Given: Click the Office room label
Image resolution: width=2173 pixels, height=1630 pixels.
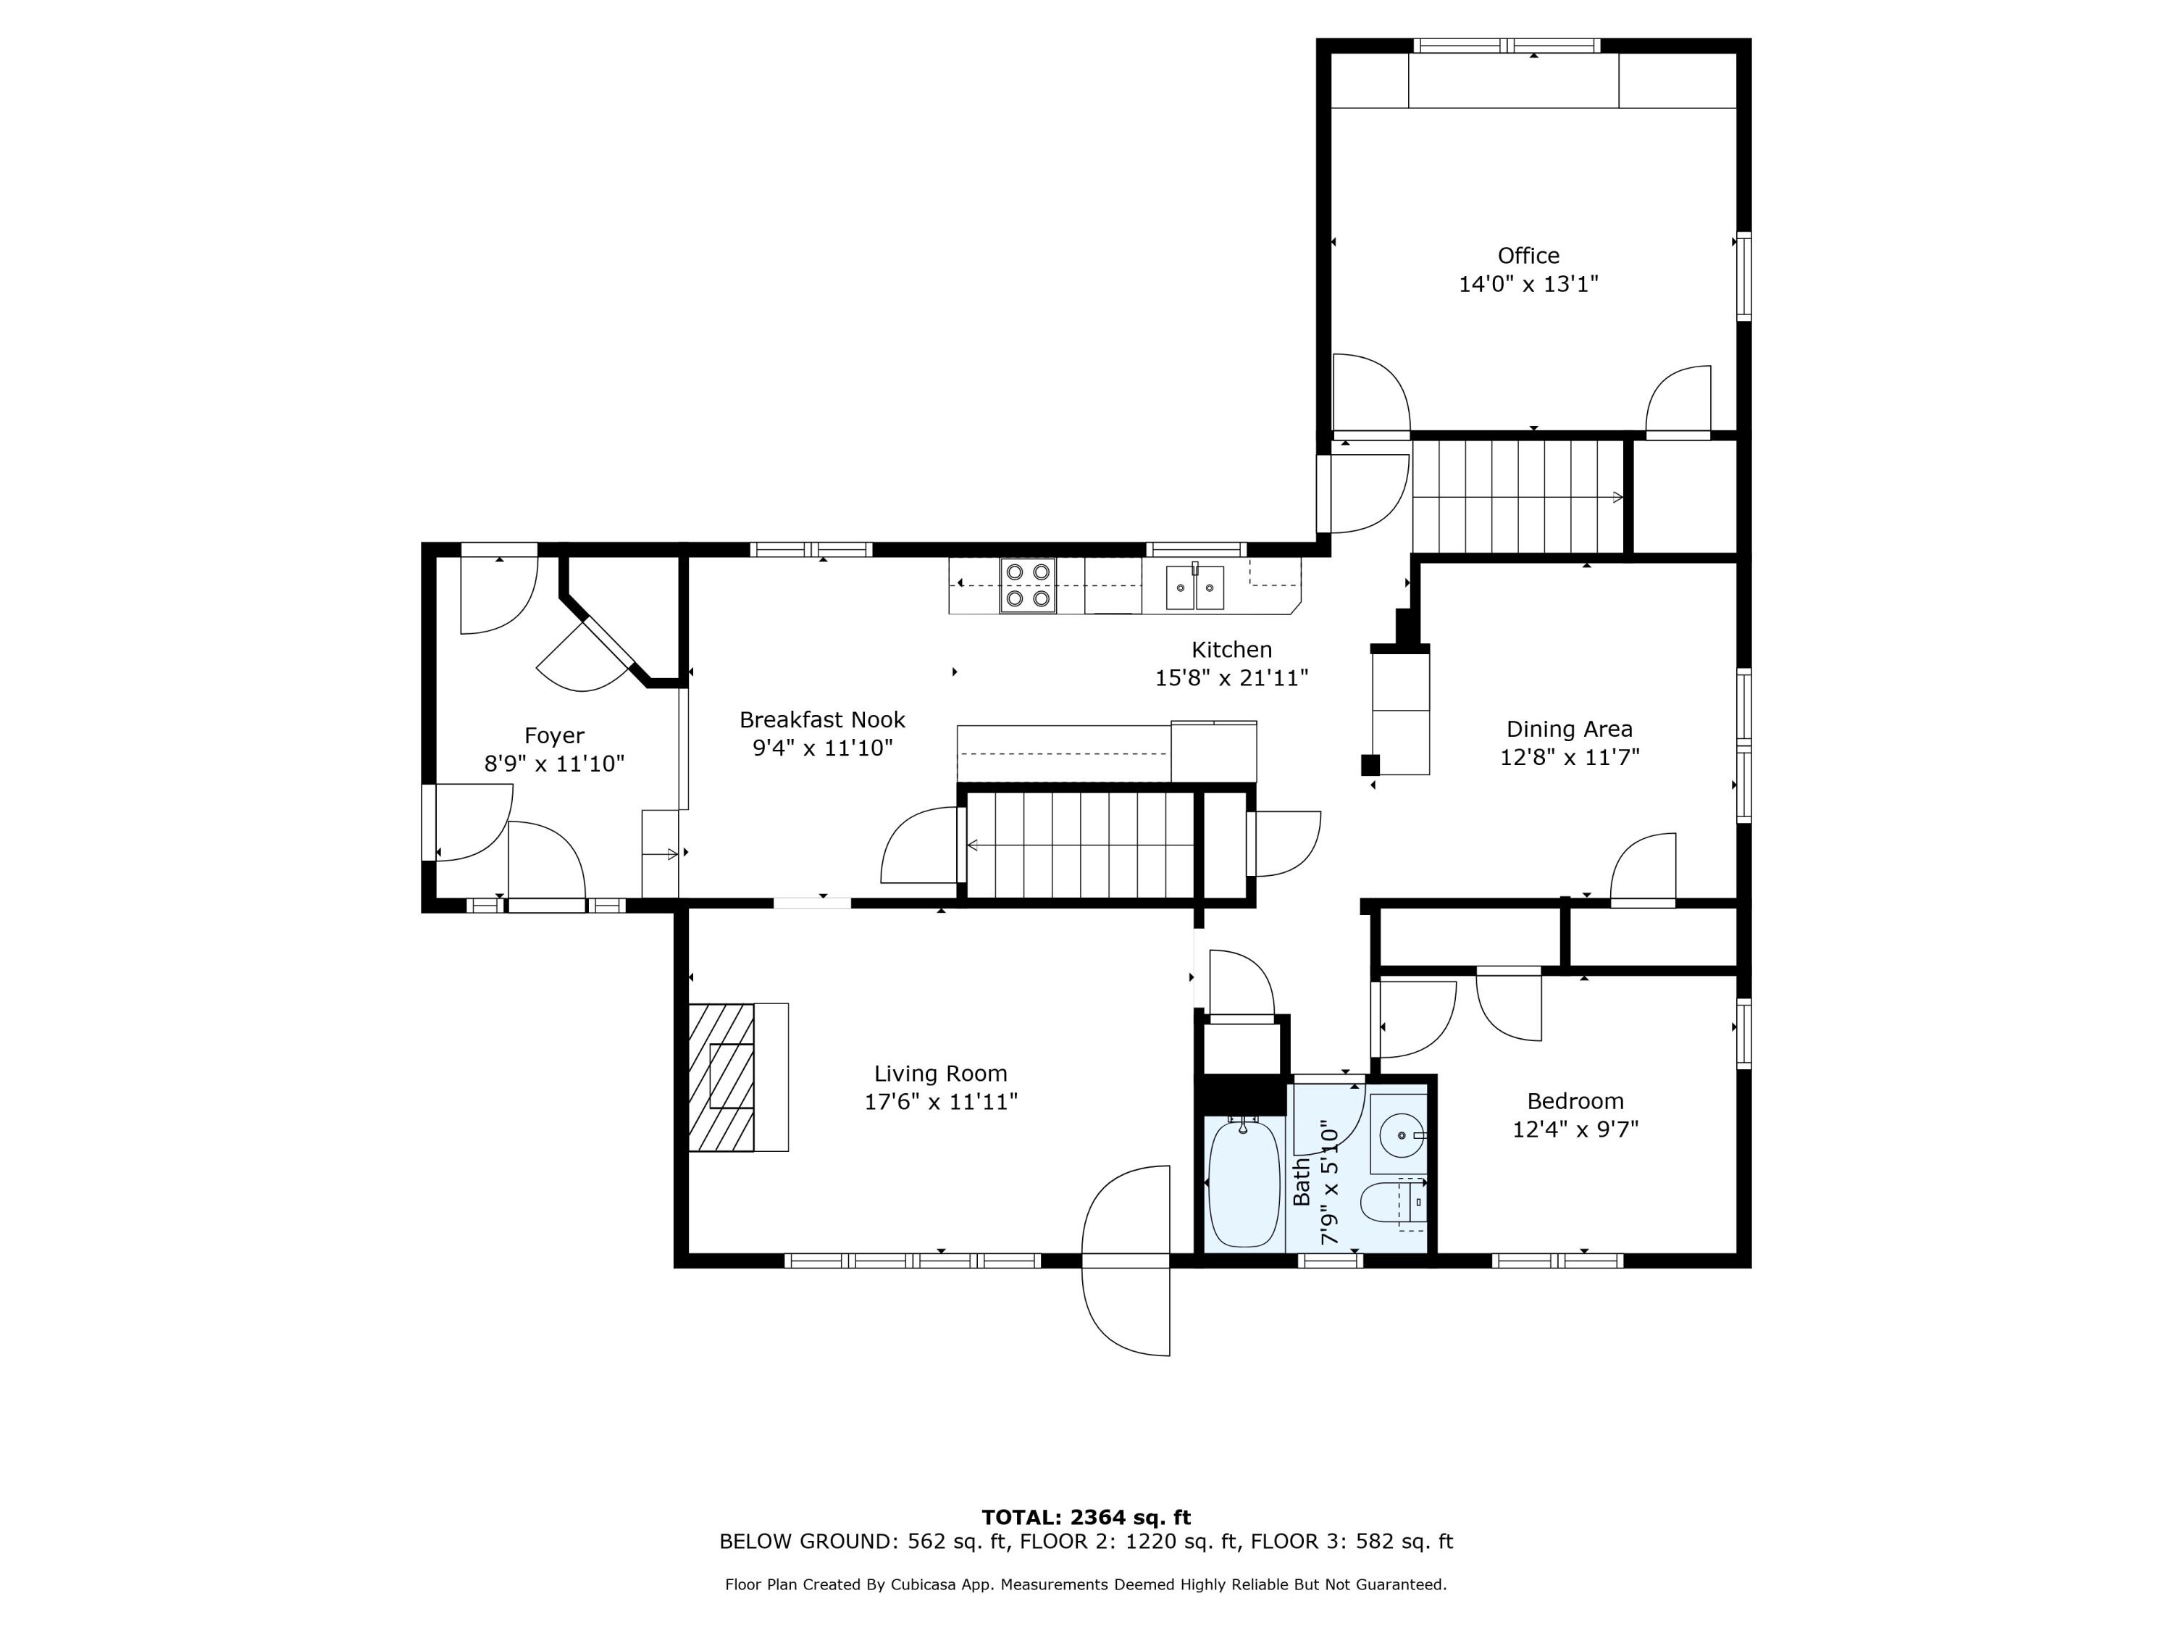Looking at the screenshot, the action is coord(1528,256).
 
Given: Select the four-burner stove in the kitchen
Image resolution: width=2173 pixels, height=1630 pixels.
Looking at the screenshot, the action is coord(1028,585).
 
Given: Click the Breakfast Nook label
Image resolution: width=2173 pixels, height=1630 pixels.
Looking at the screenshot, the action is coord(822,720).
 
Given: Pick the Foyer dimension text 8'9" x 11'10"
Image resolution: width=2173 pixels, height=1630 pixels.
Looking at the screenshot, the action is coord(554,764).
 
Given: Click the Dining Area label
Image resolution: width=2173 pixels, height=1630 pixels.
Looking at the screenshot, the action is coord(1569,729).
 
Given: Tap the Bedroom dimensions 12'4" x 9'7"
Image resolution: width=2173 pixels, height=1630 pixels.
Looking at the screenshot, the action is coord(1575,1129).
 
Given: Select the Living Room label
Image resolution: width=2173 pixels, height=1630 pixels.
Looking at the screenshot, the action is coord(940,1074).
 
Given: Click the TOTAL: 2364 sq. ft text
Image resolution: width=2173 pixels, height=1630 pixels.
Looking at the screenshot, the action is coord(1086,1518).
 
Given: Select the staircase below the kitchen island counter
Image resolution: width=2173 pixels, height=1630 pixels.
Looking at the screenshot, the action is coord(1081,845).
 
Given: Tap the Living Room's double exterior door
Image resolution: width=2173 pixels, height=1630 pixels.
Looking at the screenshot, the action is coord(1126,1261).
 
